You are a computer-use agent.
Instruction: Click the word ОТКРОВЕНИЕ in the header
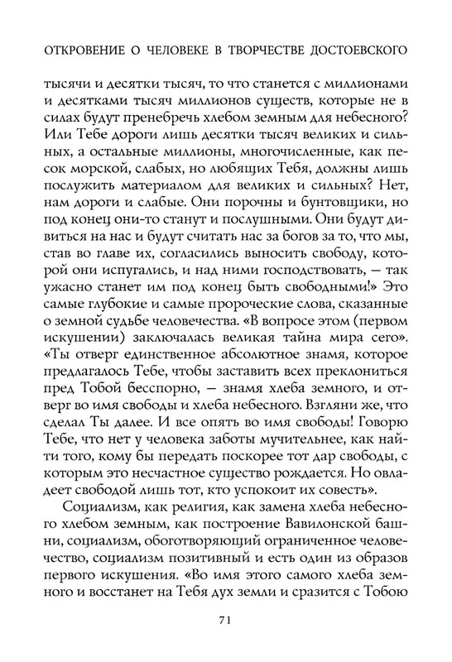(x=75, y=50)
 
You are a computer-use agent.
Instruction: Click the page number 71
(x=225, y=616)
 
